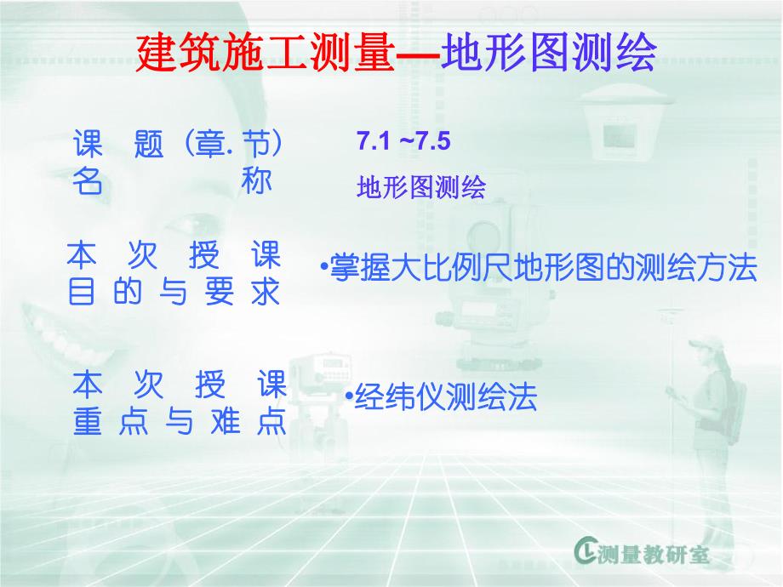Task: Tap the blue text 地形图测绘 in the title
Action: tap(548, 54)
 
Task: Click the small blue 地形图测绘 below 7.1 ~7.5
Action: tap(420, 188)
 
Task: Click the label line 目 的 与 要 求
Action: tap(174, 293)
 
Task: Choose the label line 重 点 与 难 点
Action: tap(179, 424)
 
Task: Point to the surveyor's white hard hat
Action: tap(700, 345)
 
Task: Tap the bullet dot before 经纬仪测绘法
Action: tap(349, 395)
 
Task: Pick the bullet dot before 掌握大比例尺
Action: tap(324, 267)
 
